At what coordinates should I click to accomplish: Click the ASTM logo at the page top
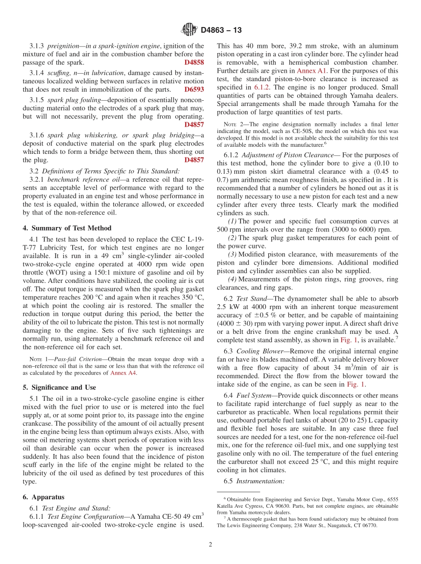[189, 30]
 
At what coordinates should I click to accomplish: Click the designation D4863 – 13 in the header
[222, 30]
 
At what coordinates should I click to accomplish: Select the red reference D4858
[194, 63]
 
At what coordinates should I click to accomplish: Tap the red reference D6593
[194, 89]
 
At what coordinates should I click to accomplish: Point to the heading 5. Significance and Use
[59, 387]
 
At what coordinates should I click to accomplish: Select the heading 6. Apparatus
[43, 497]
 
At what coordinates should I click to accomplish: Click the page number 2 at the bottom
[210, 545]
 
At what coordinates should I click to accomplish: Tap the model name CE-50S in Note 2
[306, 131]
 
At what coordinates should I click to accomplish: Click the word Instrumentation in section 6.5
[260, 481]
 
